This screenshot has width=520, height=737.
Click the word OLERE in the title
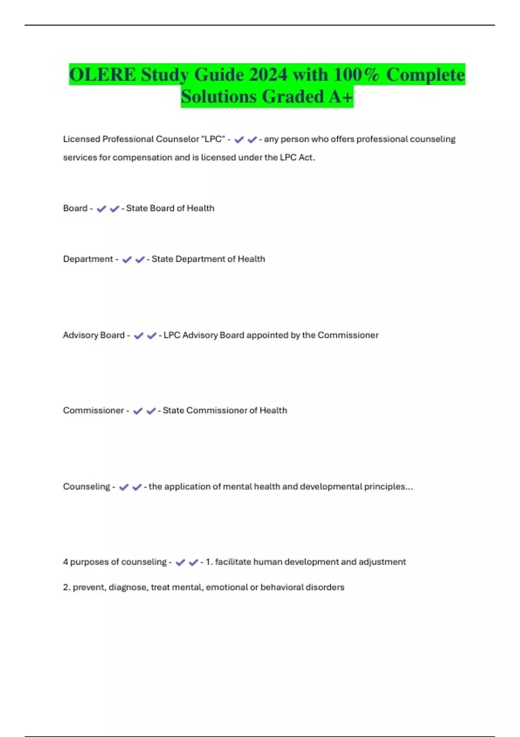pos(102,75)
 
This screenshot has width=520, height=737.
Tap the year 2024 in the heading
pos(268,75)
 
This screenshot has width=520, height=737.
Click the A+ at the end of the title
pos(341,96)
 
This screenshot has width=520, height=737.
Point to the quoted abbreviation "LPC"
pos(213,139)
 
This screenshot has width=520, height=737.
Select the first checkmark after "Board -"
pos(101,209)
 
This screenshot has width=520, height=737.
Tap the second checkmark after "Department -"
pos(140,260)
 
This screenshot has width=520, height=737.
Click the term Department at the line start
pos(88,259)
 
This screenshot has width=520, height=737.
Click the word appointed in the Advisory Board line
pos(267,335)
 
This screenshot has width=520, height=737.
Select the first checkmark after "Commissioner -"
pos(138,411)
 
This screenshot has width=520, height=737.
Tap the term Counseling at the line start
pos(87,487)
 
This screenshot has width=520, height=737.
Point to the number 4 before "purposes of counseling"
pos(65,562)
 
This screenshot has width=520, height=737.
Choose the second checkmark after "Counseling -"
pos(137,487)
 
